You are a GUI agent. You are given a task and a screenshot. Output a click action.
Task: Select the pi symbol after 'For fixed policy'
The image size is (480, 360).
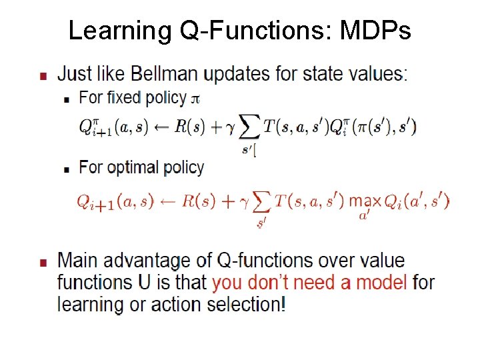coord(195,99)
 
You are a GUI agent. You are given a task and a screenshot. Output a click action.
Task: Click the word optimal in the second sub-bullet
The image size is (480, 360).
coord(129,167)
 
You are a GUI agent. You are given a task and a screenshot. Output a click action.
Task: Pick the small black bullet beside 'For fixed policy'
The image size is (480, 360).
coord(67,99)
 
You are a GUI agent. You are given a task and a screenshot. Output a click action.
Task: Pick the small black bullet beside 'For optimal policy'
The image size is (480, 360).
coord(67,169)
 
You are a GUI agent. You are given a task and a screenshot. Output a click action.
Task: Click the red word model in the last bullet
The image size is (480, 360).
coord(381,282)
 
